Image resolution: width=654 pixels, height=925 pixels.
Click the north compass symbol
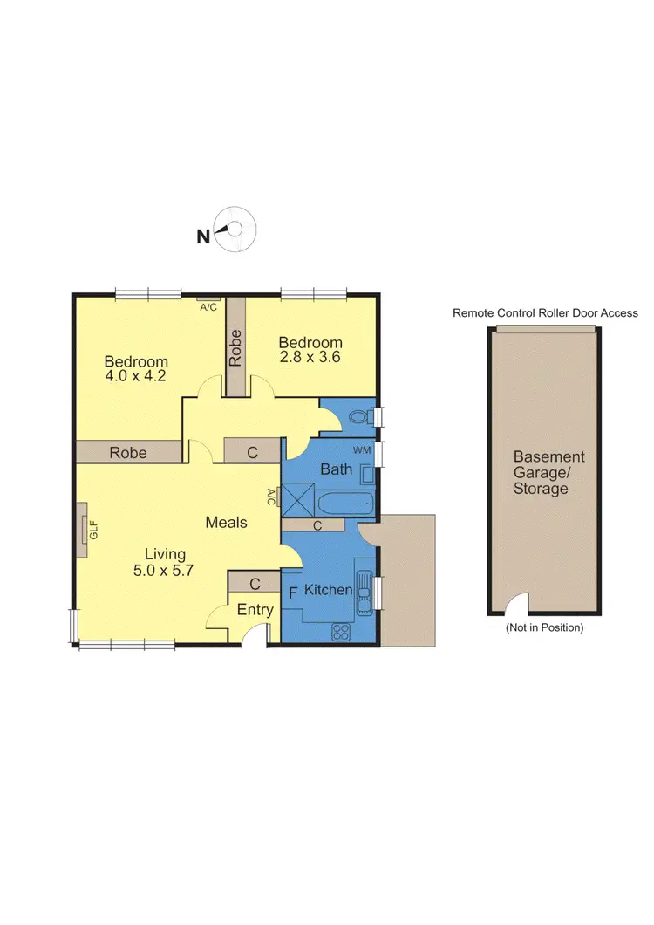pyautogui.click(x=237, y=230)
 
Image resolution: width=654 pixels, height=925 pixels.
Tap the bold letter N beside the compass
pyautogui.click(x=202, y=236)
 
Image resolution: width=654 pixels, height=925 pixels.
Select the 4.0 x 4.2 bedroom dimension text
pyautogui.click(x=135, y=377)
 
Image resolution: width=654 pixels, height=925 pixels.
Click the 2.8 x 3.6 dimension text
pyautogui.click(x=310, y=358)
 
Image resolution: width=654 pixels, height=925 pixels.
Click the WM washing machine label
pyautogui.click(x=363, y=449)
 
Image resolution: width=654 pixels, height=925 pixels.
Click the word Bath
pyautogui.click(x=336, y=469)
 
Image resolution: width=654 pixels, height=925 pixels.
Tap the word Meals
pyautogui.click(x=226, y=523)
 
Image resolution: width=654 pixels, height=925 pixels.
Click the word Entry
pyautogui.click(x=255, y=610)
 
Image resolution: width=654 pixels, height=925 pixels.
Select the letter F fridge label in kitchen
pyautogui.click(x=292, y=591)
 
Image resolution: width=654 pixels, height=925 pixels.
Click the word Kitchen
pyautogui.click(x=328, y=591)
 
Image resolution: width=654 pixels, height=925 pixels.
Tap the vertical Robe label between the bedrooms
pyautogui.click(x=235, y=349)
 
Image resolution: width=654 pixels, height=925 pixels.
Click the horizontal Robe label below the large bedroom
pyautogui.click(x=127, y=452)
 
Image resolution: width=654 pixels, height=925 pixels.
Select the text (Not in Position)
pyautogui.click(x=545, y=627)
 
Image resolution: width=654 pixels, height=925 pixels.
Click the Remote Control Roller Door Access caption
pyautogui.click(x=545, y=312)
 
